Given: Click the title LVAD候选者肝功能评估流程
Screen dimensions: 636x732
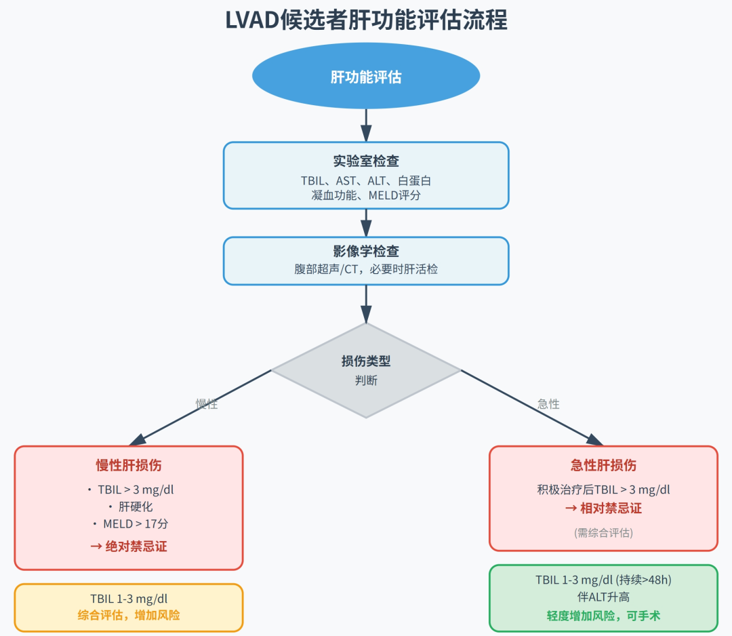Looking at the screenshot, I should coord(366,21).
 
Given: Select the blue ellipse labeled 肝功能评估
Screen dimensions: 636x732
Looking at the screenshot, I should coord(366,77).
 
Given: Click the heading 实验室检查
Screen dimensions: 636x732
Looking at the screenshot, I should coord(366,161).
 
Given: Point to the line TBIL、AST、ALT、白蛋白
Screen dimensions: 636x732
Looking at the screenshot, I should coord(366,181).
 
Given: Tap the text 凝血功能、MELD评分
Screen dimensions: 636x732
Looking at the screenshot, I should coord(366,195).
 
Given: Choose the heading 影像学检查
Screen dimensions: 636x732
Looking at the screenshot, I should coord(366,252).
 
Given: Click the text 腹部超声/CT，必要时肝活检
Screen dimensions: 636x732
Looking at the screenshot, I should coord(366,269).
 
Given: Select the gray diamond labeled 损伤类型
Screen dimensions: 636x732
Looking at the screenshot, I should coord(366,370).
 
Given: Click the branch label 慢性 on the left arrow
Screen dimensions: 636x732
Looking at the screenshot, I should coord(207,404).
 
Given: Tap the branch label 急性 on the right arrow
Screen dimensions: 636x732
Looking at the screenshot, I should coord(548,404).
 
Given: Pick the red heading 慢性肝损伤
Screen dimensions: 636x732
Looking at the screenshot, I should coord(129,465).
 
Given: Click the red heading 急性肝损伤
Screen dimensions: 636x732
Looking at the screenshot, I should coord(603,465).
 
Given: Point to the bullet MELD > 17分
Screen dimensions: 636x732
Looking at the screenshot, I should coord(129,524).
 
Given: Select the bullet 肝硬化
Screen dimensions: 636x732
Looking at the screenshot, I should coord(129,507).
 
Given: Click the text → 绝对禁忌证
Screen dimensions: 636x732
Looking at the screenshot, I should coord(129,546).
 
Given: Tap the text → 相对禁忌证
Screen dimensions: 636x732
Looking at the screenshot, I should coord(603,509).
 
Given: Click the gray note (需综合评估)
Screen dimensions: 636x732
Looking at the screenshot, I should coord(603,532).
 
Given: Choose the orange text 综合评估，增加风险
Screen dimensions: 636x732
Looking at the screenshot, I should coord(129,616).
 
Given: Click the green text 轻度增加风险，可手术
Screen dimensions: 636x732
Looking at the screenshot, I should coord(603,616).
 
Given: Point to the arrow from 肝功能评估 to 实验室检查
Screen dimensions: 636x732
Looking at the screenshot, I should coord(366,125).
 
